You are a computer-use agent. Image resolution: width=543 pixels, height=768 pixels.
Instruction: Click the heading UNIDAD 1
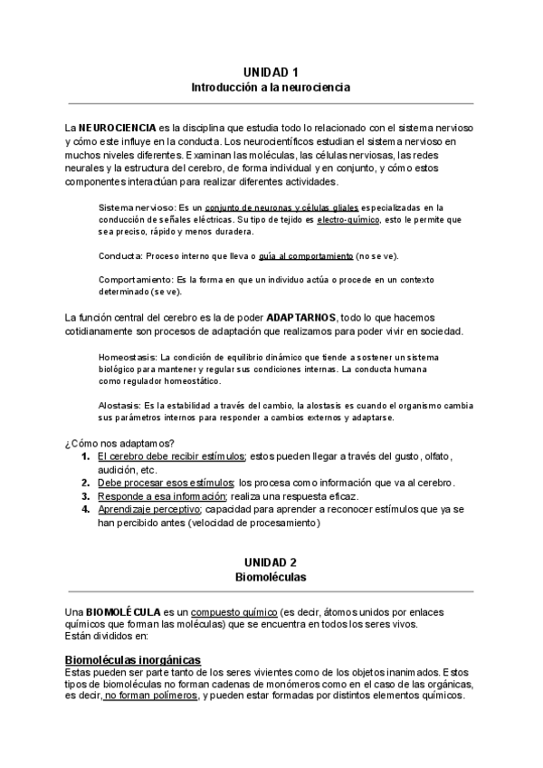pyautogui.click(x=271, y=72)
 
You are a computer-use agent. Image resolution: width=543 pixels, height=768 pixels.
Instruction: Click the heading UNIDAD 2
pyautogui.click(x=271, y=562)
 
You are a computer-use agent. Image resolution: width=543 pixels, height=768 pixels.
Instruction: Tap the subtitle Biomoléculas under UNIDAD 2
pyautogui.click(x=271, y=577)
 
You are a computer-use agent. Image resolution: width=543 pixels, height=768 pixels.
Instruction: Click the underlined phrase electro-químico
pyautogui.click(x=348, y=220)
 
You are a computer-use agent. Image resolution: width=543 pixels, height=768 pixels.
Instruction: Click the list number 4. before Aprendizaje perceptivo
pyautogui.click(x=86, y=510)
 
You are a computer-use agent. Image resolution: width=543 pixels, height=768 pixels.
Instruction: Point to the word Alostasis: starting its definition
pyautogui.click(x=119, y=405)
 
